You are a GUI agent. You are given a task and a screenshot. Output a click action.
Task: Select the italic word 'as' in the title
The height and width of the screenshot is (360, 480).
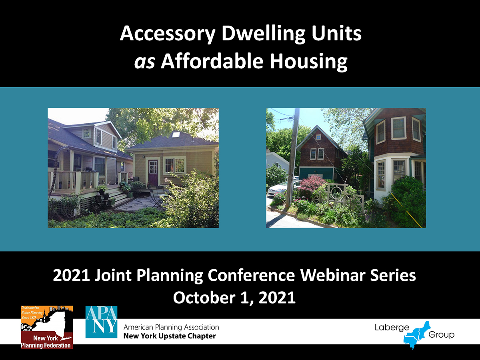144,62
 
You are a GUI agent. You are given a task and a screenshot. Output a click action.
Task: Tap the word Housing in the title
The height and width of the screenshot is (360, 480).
308,62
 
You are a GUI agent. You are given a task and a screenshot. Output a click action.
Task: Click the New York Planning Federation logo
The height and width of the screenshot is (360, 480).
47,327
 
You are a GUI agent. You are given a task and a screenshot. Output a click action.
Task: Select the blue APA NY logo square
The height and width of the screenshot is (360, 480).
101,322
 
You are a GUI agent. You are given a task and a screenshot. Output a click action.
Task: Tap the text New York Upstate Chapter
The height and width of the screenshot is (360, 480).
170,336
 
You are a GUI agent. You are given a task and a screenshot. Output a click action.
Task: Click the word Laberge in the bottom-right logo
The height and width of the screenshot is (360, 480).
392,328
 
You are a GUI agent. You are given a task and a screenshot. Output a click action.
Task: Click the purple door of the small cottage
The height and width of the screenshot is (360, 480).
153,172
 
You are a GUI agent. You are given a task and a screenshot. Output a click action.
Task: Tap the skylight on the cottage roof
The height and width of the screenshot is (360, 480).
176,134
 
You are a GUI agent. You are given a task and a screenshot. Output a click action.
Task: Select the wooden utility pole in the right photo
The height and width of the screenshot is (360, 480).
292,157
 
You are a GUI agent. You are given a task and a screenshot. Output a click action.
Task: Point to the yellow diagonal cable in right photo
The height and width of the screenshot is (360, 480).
406,210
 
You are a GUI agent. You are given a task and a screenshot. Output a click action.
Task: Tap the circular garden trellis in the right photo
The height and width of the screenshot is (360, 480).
337,192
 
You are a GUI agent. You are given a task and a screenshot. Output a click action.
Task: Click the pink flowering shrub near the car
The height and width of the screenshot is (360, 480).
310,184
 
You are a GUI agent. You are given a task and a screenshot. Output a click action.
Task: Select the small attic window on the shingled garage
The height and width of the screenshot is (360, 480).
318,137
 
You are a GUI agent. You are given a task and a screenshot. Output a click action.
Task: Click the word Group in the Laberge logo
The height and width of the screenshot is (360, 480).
441,335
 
